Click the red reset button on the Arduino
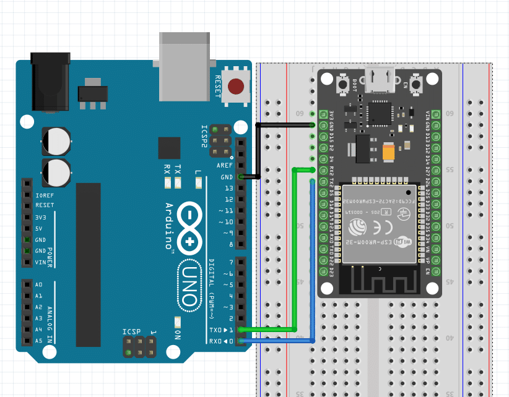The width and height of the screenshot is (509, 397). point(236,86)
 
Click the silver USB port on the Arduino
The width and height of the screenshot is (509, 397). point(185,65)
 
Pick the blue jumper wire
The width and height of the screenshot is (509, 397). point(313,260)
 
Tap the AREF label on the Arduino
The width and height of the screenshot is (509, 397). point(224,166)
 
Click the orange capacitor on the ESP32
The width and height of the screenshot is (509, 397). point(389,152)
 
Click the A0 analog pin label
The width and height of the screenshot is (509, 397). point(38,285)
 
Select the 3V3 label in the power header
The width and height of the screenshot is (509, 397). point(41,217)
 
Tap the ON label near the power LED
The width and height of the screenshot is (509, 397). point(176,335)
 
